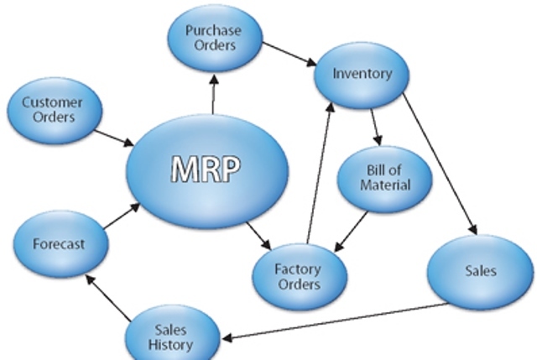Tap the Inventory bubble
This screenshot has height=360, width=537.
pos(362,74)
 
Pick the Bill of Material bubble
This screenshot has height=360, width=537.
pos(385,177)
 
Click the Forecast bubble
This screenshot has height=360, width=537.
pos(60,244)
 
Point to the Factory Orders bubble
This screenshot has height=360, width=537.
pos(299,276)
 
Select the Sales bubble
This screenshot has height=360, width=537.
pos(480,270)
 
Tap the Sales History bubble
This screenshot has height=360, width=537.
pos(172,337)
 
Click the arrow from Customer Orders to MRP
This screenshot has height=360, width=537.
pos(112,137)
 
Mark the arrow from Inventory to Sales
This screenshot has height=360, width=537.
pos(440,163)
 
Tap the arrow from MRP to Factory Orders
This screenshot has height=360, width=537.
pos(258,234)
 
